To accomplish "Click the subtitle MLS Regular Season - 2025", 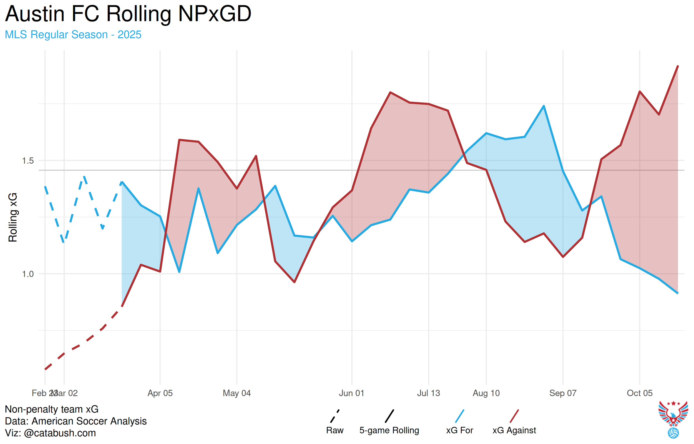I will click(73, 35).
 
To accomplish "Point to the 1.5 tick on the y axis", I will click(28, 160).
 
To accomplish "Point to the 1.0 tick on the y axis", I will click(28, 274).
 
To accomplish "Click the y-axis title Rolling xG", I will click(13, 217).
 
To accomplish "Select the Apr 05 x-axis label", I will click(160, 393).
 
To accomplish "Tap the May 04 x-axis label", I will click(237, 393).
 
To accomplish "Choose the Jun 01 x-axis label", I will click(352, 393).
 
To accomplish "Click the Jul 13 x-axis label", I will click(428, 393).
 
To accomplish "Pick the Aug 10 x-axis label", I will click(486, 393).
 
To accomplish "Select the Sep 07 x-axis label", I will click(563, 393).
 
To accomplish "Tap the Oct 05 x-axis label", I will click(639, 393).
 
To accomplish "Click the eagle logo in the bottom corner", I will click(673, 415).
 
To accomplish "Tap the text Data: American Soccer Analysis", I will click(76, 421).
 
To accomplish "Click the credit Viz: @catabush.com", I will click(51, 433).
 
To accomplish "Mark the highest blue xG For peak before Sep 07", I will click(544, 106).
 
